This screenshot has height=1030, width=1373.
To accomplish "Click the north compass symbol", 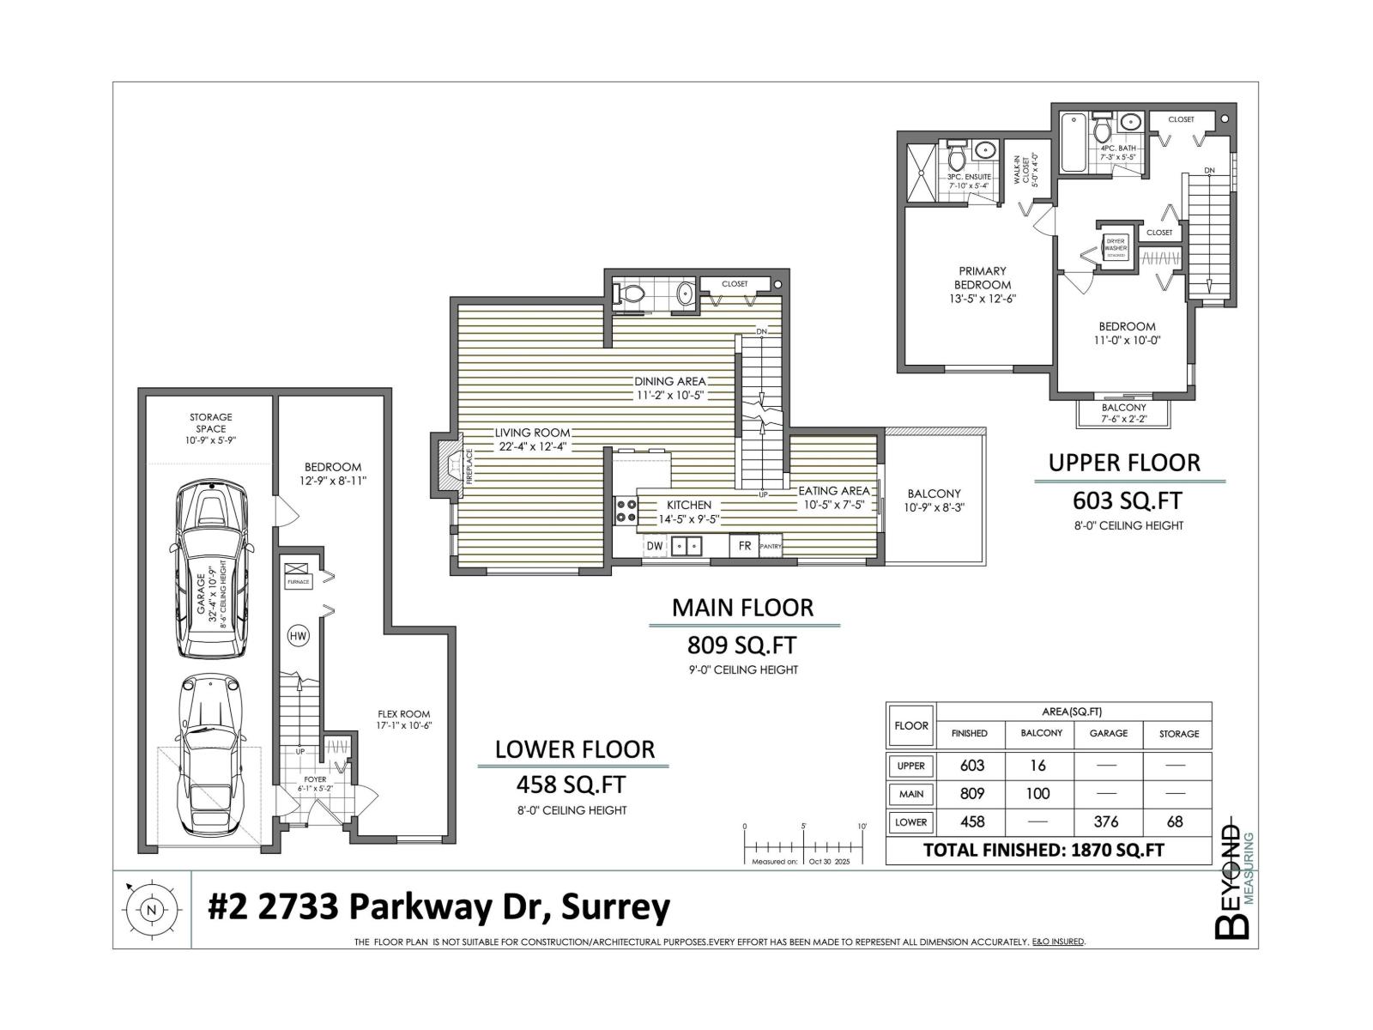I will coord(152,910).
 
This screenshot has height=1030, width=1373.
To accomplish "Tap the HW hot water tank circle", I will coord(298,636).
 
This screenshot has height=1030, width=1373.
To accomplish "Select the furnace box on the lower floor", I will coord(299,574).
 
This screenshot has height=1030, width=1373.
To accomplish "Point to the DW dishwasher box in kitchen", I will coord(655,545).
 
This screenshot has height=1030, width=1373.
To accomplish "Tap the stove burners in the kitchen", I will coord(626,512).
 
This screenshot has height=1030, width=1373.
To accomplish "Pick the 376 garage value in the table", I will coord(1107,821).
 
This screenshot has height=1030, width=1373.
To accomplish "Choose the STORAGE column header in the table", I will coord(1178,733).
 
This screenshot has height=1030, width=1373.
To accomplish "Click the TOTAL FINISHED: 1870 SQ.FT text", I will coord(1043,850).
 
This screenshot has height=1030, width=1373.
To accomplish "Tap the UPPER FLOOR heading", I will coord(1123,463).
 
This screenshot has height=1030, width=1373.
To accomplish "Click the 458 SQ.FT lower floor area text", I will coord(570,784).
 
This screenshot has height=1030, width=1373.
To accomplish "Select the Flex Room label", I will coord(404,719).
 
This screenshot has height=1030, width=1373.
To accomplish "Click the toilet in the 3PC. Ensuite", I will coord(959,158).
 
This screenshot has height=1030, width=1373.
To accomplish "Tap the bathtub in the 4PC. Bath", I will coord(1073,142).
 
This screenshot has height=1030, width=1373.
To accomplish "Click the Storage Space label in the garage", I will coord(210,428).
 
